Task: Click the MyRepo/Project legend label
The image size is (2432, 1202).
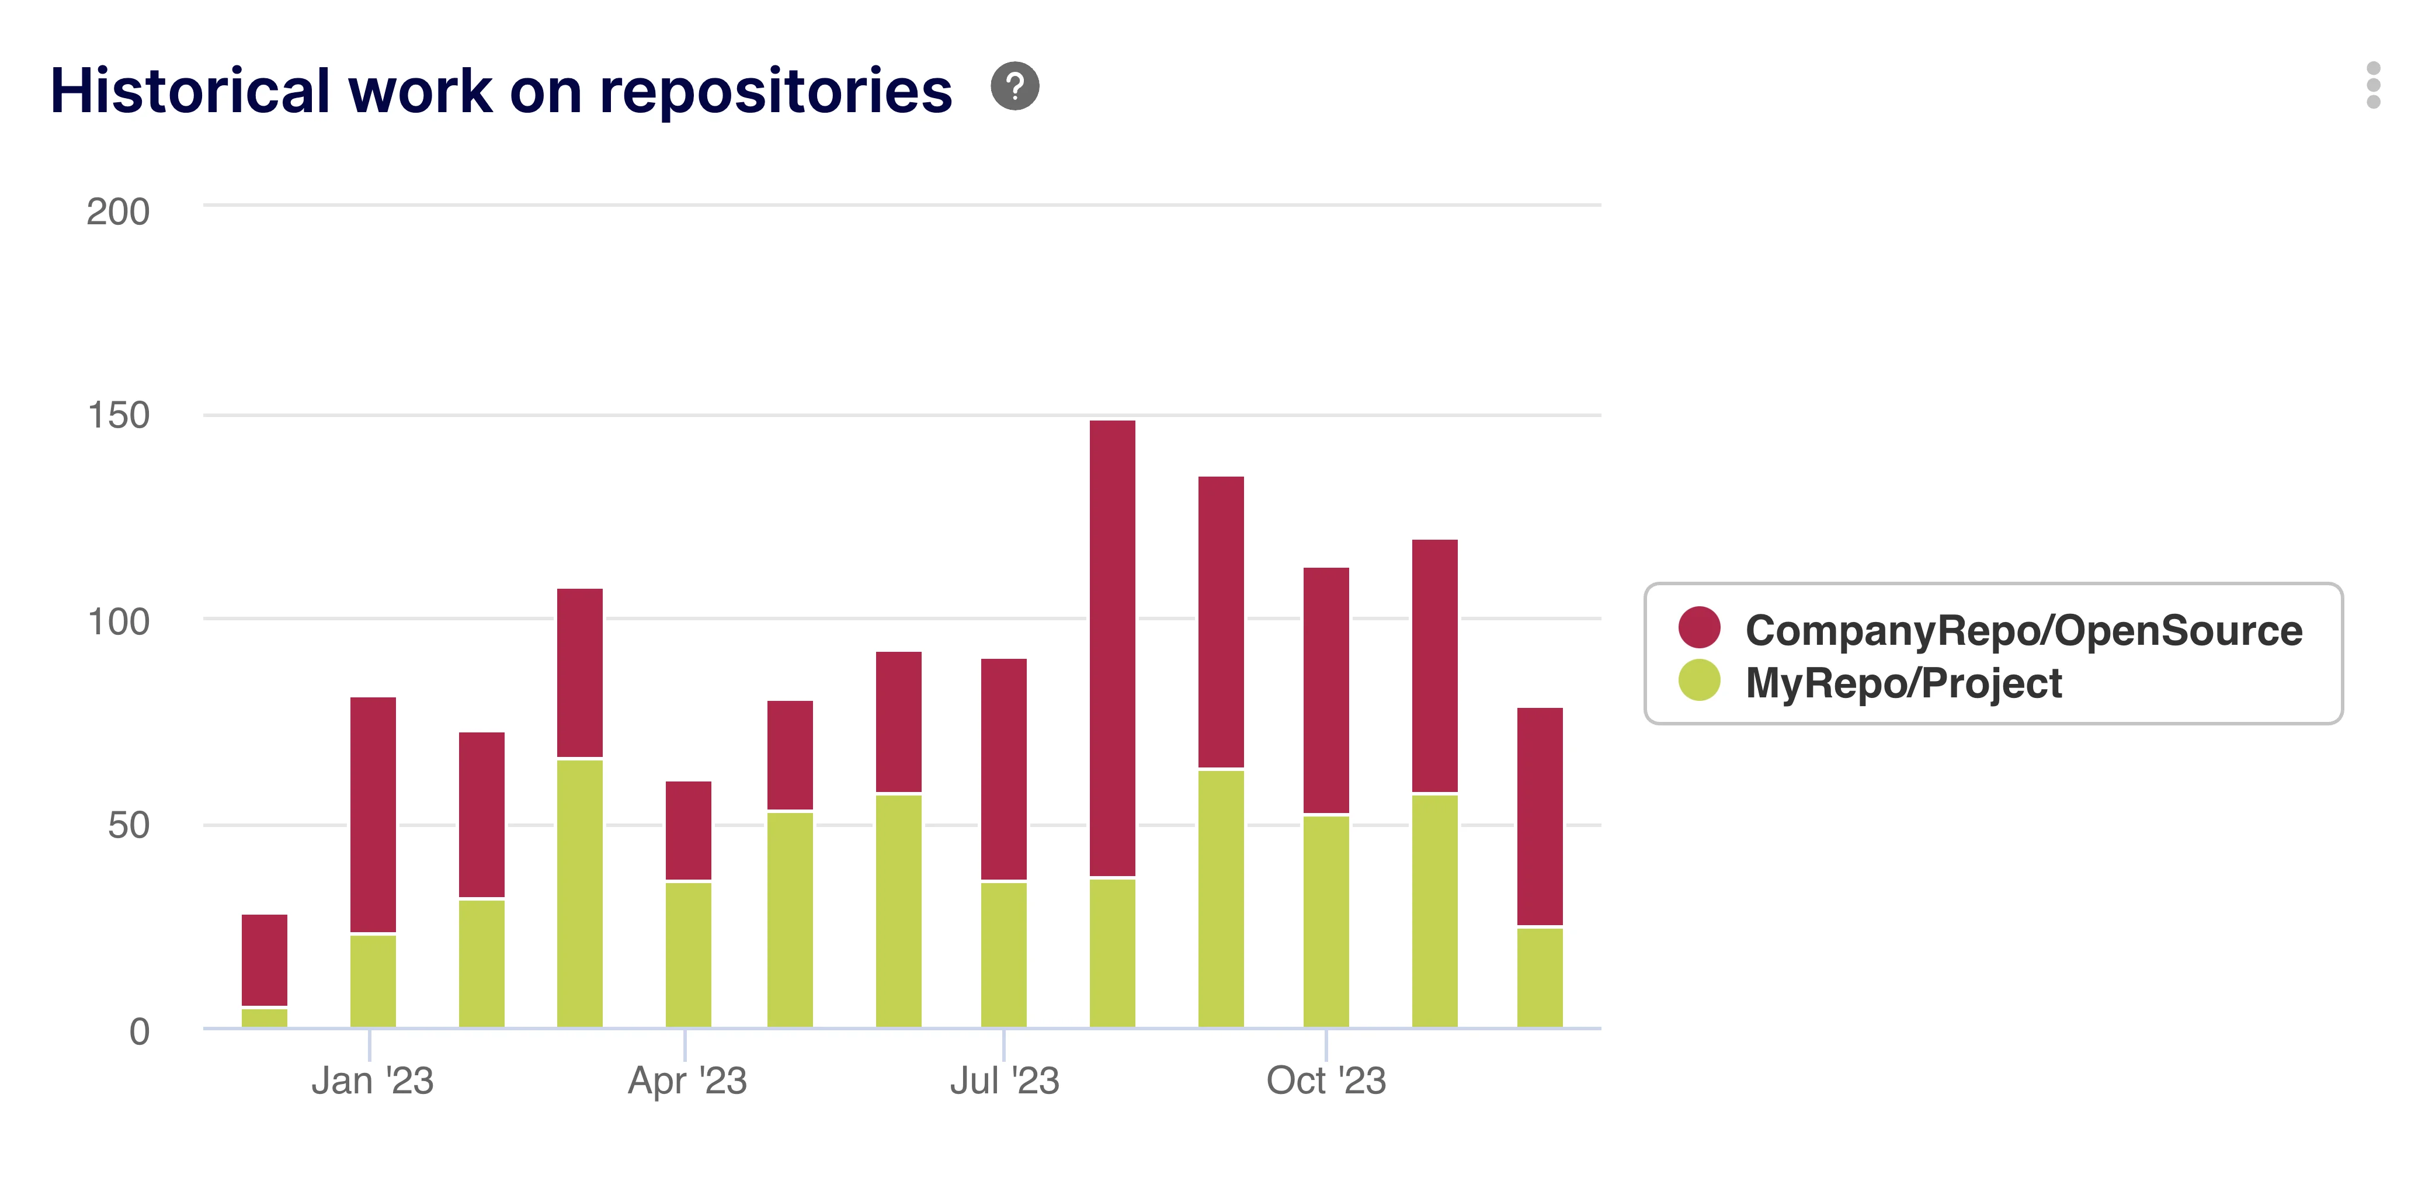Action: click(1903, 683)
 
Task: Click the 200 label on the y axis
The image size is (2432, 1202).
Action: click(118, 211)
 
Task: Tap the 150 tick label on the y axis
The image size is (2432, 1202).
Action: click(118, 415)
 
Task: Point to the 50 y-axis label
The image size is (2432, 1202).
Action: click(128, 825)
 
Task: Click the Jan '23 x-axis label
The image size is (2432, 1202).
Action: click(372, 1080)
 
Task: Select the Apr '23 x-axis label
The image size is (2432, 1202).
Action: click(687, 1080)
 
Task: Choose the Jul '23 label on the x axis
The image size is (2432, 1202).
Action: click(1005, 1080)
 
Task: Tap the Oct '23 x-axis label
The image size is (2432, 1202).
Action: click(1326, 1080)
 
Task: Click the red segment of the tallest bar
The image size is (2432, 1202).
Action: click(1112, 648)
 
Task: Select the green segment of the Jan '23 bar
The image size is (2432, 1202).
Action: click(373, 980)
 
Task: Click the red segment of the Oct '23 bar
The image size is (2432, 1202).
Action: click(1326, 689)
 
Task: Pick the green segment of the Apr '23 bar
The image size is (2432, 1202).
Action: click(688, 954)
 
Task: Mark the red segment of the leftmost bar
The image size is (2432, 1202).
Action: click(265, 960)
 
